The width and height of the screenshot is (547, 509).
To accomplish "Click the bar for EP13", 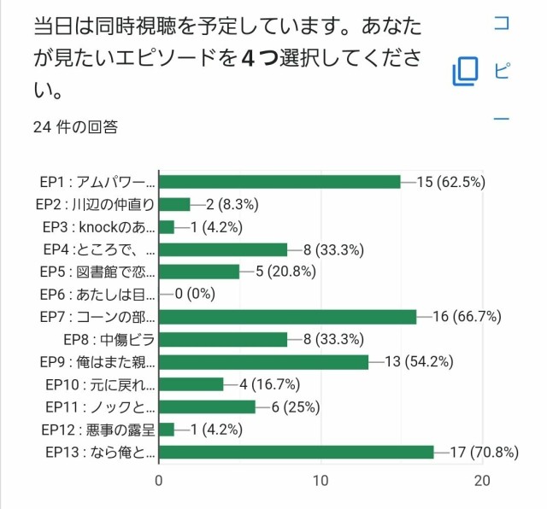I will pos(296,452).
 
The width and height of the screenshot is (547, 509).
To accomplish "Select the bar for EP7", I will pos(287,317).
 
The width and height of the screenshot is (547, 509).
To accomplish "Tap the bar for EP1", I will pos(279,181).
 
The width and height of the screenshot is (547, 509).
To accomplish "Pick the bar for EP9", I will pos(263,362).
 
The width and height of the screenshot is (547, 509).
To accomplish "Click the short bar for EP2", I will pos(174,204).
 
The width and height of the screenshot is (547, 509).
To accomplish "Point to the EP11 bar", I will pos(207,407).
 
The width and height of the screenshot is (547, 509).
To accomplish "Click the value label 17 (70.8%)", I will pos(484,452).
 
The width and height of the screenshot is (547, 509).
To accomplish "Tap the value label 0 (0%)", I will pos(195,294).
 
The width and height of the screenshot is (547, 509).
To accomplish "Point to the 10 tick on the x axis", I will pos(321,481).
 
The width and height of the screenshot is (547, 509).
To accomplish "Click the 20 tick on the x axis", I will pos(483,481).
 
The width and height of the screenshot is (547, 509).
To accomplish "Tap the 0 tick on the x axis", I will pos(159,481).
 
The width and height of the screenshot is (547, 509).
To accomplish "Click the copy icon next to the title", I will pos(466,71).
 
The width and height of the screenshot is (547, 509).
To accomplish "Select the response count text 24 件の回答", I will pos(75,128).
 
